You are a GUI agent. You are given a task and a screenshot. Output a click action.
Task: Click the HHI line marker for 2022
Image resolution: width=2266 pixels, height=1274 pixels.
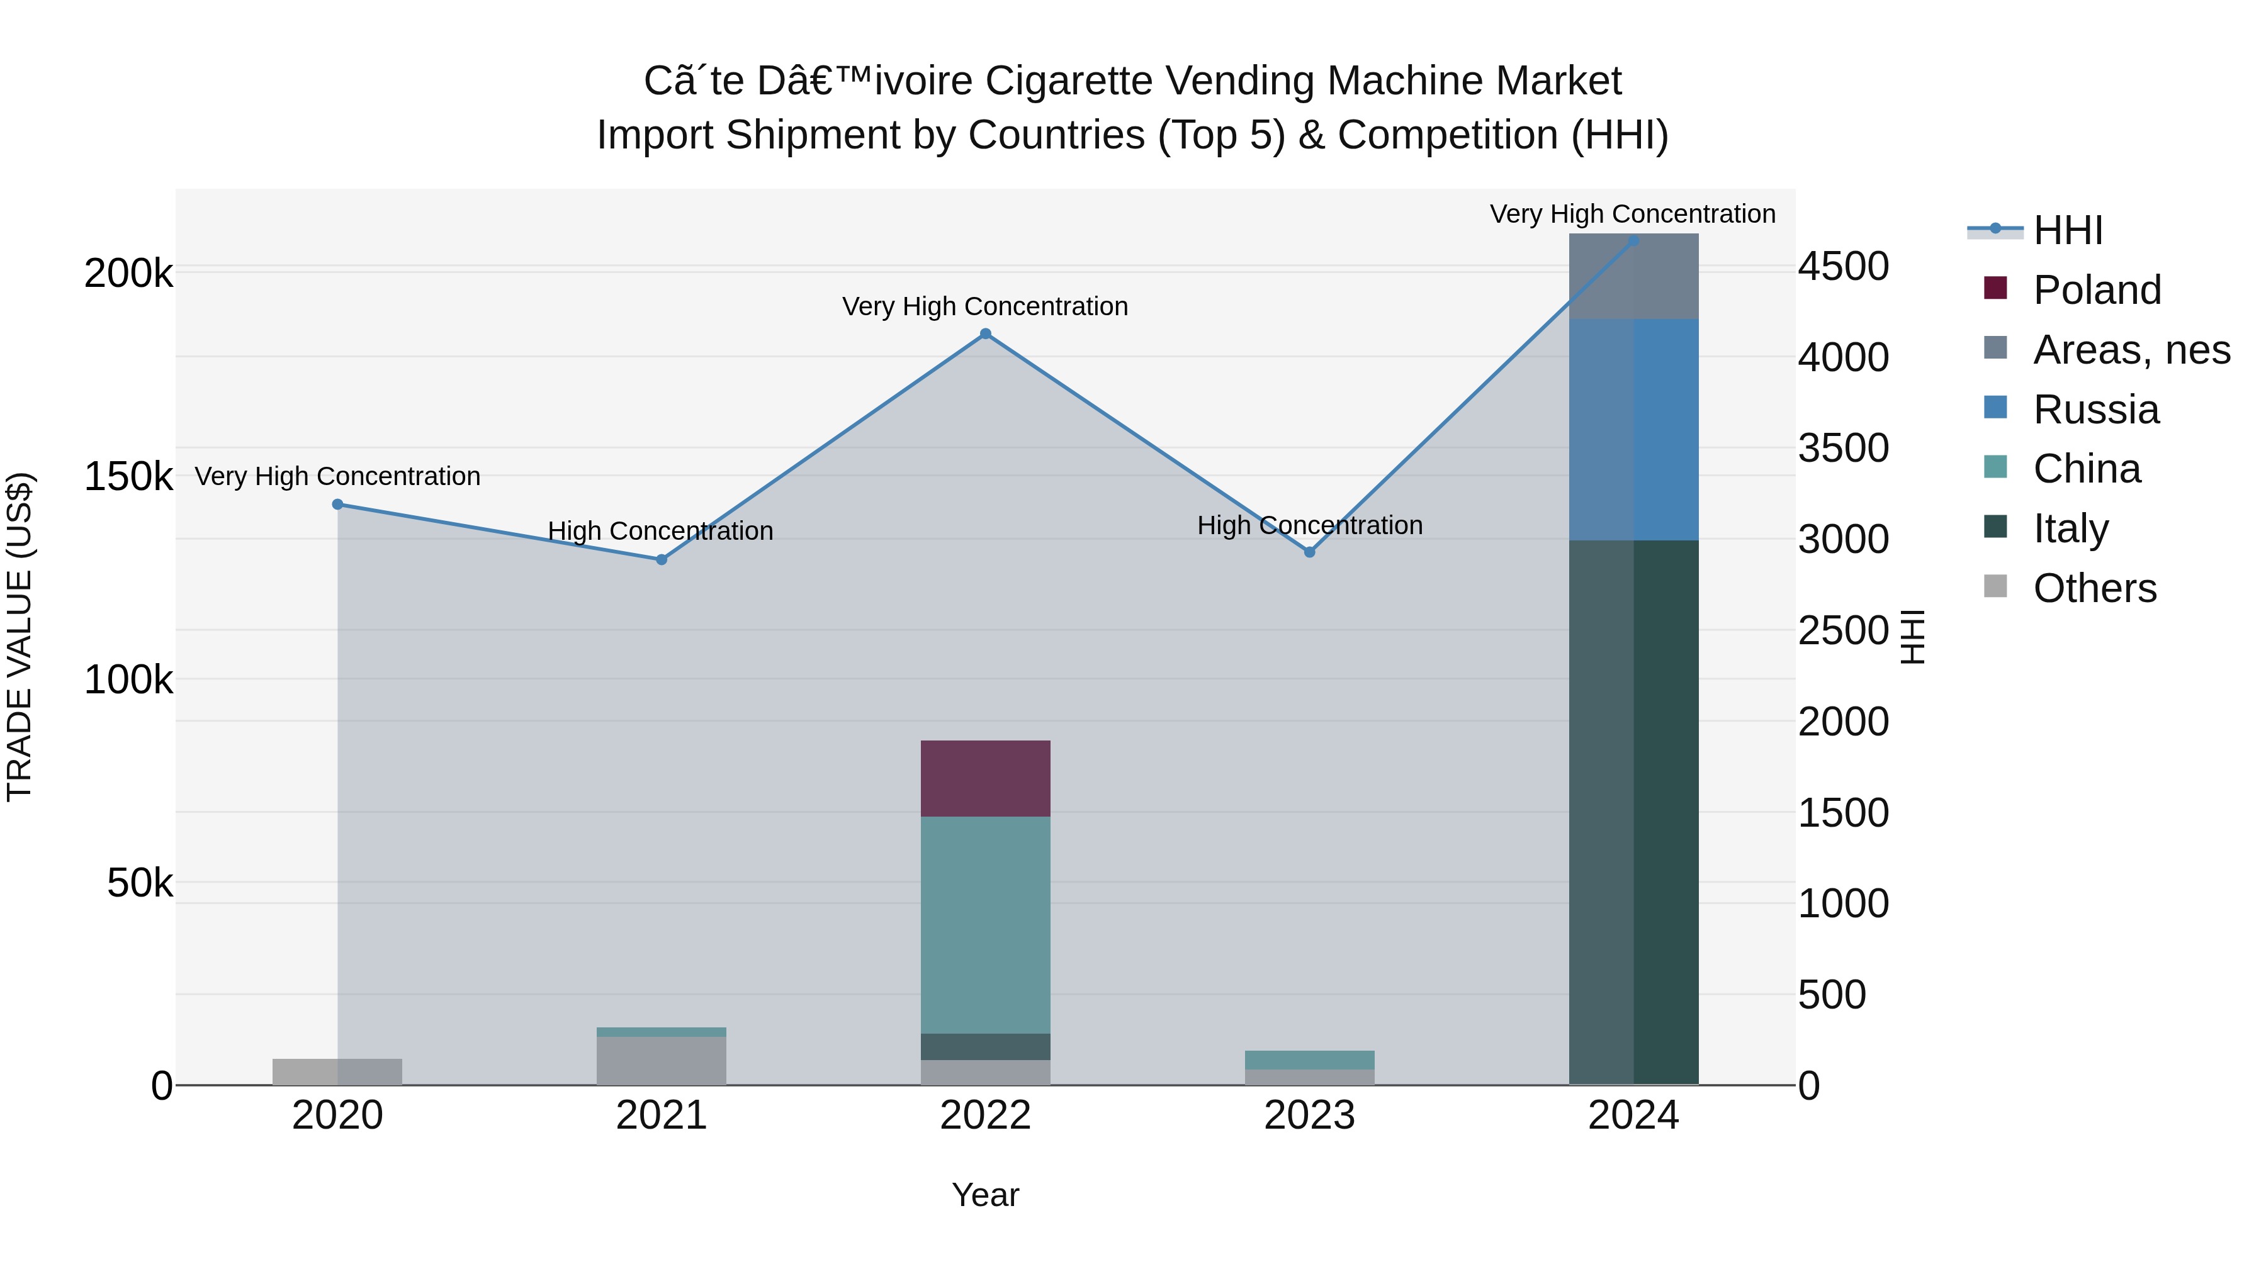click(985, 334)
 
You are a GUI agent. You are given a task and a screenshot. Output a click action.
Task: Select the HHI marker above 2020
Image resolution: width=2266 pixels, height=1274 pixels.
click(338, 505)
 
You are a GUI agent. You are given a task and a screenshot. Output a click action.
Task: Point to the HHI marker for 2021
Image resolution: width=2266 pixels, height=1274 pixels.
click(662, 560)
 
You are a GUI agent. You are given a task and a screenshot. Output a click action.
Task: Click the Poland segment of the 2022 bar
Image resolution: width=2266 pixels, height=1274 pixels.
click(985, 779)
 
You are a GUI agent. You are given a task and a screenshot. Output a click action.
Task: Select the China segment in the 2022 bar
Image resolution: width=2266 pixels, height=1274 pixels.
click(985, 925)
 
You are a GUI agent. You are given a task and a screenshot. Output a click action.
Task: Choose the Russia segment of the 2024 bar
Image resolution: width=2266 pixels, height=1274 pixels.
click(1633, 430)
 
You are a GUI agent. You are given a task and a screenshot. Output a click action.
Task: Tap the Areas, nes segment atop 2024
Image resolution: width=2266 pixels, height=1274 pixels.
click(1633, 276)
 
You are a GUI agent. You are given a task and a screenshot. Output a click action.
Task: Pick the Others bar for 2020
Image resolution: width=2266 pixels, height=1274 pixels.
click(338, 1072)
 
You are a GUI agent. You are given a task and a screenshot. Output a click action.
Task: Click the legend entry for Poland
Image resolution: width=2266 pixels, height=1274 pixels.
click(2096, 290)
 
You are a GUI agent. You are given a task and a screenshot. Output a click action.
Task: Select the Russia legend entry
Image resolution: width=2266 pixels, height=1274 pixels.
click(2095, 410)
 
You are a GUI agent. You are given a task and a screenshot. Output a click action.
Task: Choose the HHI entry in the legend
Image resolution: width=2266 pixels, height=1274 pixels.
click(2067, 230)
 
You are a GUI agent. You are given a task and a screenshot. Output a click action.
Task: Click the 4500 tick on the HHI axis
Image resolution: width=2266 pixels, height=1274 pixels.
click(1843, 266)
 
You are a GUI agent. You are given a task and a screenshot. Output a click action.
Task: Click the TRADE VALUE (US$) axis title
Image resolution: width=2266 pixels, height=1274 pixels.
click(20, 637)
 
